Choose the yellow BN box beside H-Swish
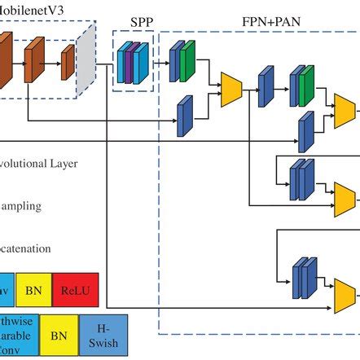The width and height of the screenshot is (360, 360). click(59, 335)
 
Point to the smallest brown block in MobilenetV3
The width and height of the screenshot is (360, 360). click(68, 59)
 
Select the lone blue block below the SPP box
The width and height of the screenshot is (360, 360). click(184, 115)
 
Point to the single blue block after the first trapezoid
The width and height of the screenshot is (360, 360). click(266, 89)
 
